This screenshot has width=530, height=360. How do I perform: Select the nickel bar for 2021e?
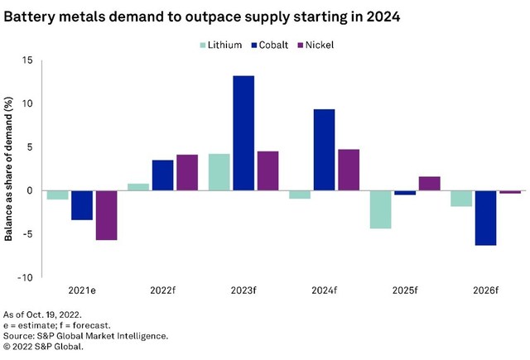pos(107,215)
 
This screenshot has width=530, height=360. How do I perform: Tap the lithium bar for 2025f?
pos(380,209)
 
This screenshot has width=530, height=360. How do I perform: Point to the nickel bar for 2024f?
pos(349,170)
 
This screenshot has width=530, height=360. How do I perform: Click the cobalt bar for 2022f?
pos(163,175)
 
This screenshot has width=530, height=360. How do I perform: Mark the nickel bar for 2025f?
pos(429,183)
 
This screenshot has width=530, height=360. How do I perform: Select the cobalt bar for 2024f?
pos(325,150)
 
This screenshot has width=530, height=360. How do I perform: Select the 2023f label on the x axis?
pos(243,290)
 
